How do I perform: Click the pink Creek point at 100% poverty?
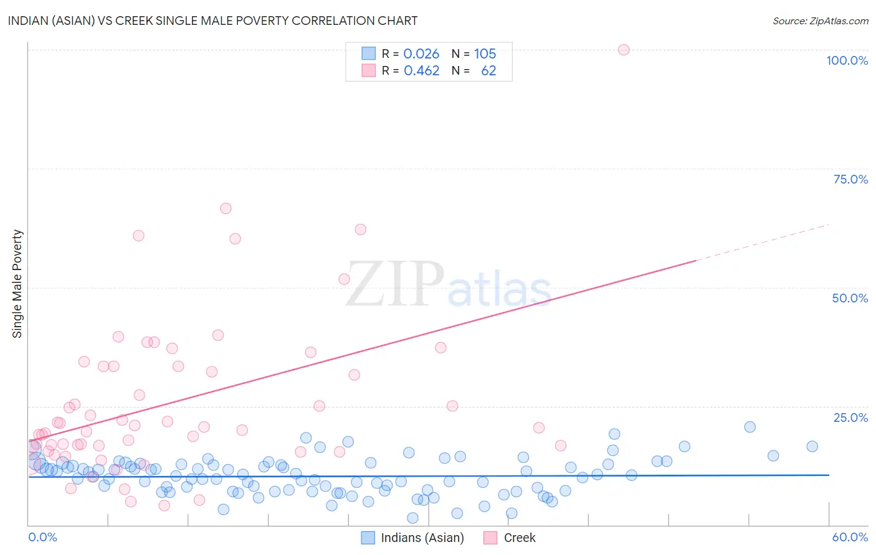624,50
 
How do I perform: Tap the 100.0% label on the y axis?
847,60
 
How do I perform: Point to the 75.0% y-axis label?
850,179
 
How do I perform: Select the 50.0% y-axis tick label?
850,298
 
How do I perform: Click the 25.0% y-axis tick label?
850,417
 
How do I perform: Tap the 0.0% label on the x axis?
42,537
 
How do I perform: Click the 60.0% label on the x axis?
850,537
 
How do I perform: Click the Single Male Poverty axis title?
17,284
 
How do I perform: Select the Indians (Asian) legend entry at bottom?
422,538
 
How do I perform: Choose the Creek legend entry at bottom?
519,538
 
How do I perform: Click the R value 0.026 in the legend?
421,54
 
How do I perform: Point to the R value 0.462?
421,71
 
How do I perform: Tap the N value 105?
485,54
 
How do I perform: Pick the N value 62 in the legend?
488,71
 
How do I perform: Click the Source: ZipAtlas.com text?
820,21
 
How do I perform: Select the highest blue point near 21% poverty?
750,427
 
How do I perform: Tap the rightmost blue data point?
812,446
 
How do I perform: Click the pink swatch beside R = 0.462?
369,71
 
